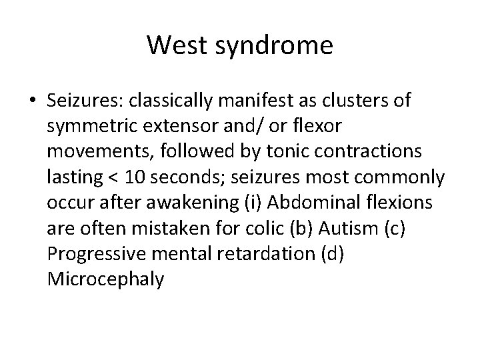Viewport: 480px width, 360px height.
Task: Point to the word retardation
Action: [x=247, y=254]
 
